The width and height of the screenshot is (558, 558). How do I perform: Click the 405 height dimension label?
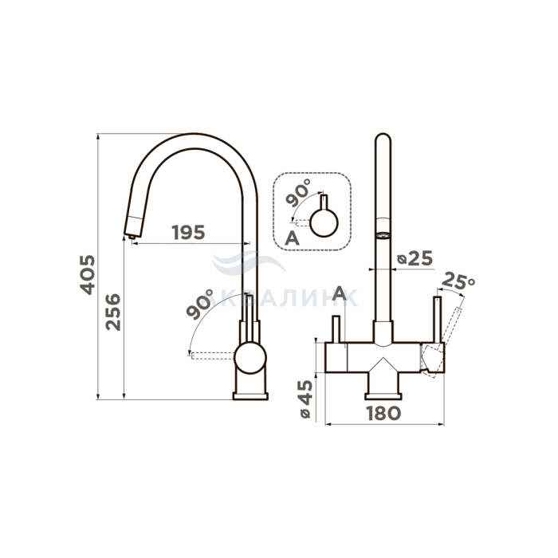pyautogui.click(x=88, y=274)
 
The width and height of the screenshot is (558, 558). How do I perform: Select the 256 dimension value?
pyautogui.click(x=113, y=312)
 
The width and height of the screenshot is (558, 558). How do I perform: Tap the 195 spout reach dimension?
pyautogui.click(x=189, y=232)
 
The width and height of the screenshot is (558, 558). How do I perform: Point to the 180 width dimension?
pyautogui.click(x=383, y=413)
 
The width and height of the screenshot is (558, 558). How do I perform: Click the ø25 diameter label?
pyautogui.click(x=415, y=258)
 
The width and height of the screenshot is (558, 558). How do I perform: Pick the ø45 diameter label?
pyautogui.click(x=305, y=399)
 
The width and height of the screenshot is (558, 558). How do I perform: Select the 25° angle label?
pyautogui.click(x=458, y=281)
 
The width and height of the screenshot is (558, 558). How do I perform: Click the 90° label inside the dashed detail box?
pyautogui.click(x=298, y=193)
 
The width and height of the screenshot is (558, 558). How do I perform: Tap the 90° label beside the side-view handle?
pyautogui.click(x=199, y=304)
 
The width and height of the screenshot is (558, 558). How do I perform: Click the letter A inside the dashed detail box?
pyautogui.click(x=293, y=238)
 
